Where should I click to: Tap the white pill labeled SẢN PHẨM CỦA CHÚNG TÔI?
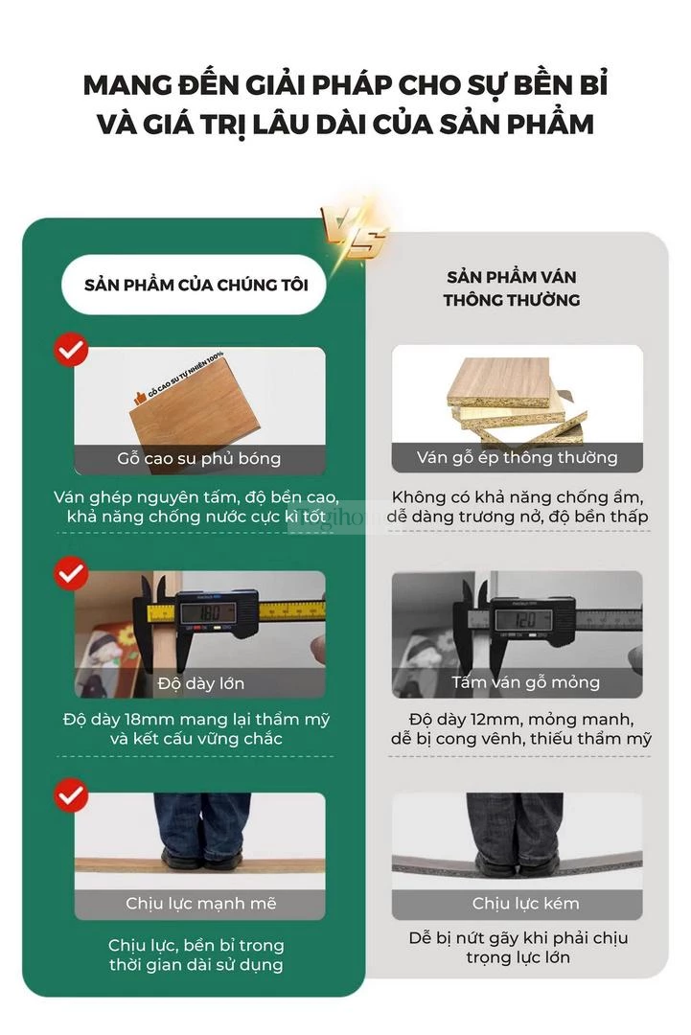tap(195, 285)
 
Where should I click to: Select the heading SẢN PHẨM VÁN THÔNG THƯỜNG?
tap(512, 288)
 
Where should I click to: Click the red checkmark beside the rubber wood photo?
tap(71, 350)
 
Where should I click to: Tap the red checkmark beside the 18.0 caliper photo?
tap(71, 573)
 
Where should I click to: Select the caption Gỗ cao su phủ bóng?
tap(199, 459)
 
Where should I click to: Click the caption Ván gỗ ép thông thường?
tap(517, 457)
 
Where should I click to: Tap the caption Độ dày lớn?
tap(200, 683)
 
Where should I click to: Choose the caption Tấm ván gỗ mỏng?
tap(526, 682)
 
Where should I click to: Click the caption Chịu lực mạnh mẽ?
tap(200, 903)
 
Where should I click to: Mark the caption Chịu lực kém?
tap(525, 903)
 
